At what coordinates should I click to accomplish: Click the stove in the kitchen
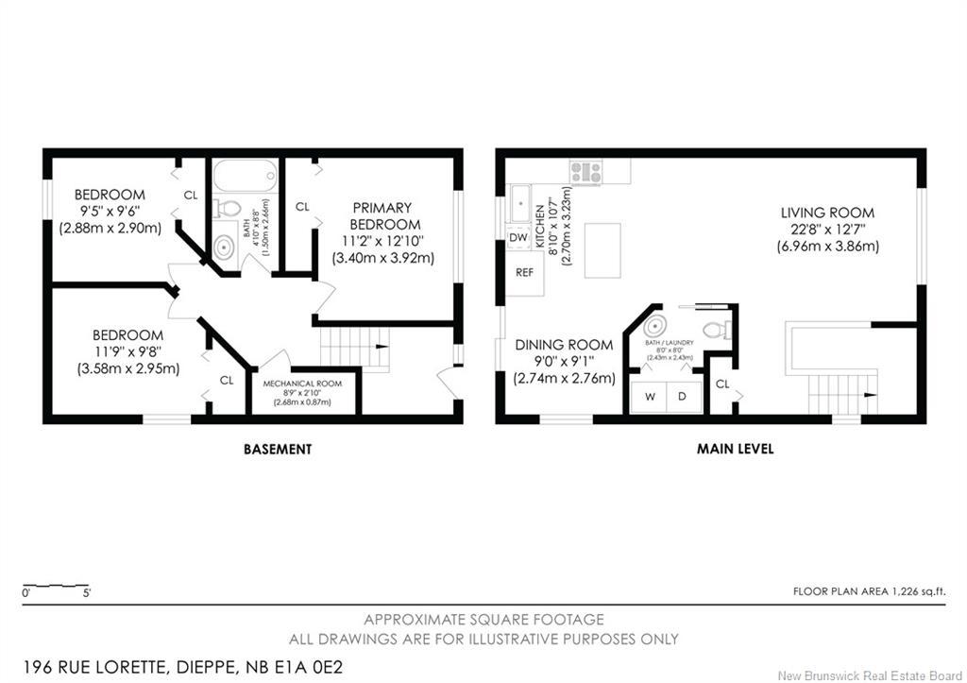pos(585,173)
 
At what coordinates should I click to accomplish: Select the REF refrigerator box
pos(525,272)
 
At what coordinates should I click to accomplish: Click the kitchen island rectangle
pos(602,250)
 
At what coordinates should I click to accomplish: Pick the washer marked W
pos(650,397)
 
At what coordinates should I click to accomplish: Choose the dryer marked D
pos(683,397)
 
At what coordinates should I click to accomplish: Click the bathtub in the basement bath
pos(245,175)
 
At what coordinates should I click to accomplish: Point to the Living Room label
pos(827,213)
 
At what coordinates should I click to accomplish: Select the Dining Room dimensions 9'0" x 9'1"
pos(565,362)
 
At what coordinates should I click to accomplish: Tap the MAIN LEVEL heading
pos(735,450)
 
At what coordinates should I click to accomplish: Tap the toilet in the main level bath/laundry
pos(721,329)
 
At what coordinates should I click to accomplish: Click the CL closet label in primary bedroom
pos(303,206)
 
